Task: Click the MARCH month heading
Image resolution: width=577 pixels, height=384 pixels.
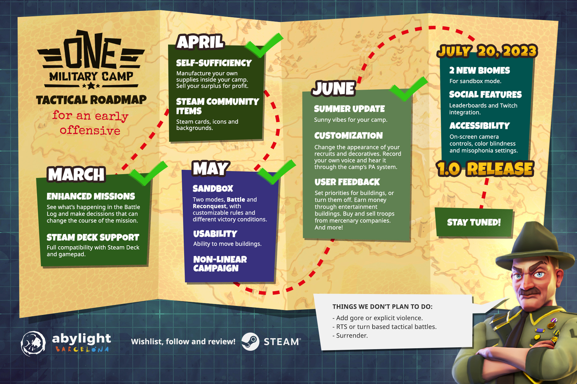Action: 76,174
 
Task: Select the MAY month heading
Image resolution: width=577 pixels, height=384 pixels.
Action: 211,168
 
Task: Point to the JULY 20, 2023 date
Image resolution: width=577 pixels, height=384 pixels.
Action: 487,51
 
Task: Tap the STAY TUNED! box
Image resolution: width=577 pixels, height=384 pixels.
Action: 474,222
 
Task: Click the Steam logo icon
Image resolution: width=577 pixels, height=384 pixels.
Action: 250,341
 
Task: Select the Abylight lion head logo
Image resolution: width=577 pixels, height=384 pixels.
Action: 33,344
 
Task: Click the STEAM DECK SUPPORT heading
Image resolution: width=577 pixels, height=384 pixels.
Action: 93,237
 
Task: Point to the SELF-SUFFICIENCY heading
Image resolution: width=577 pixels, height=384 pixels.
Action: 214,63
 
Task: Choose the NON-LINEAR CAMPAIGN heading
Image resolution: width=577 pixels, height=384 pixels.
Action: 220,264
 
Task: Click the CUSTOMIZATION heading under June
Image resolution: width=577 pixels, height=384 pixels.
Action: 348,136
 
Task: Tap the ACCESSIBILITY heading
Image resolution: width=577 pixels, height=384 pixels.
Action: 479,126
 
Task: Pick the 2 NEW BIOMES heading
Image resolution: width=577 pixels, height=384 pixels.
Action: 479,70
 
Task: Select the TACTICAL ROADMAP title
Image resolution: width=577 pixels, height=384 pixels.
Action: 91,100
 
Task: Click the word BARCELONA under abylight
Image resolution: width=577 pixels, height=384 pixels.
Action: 82,349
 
